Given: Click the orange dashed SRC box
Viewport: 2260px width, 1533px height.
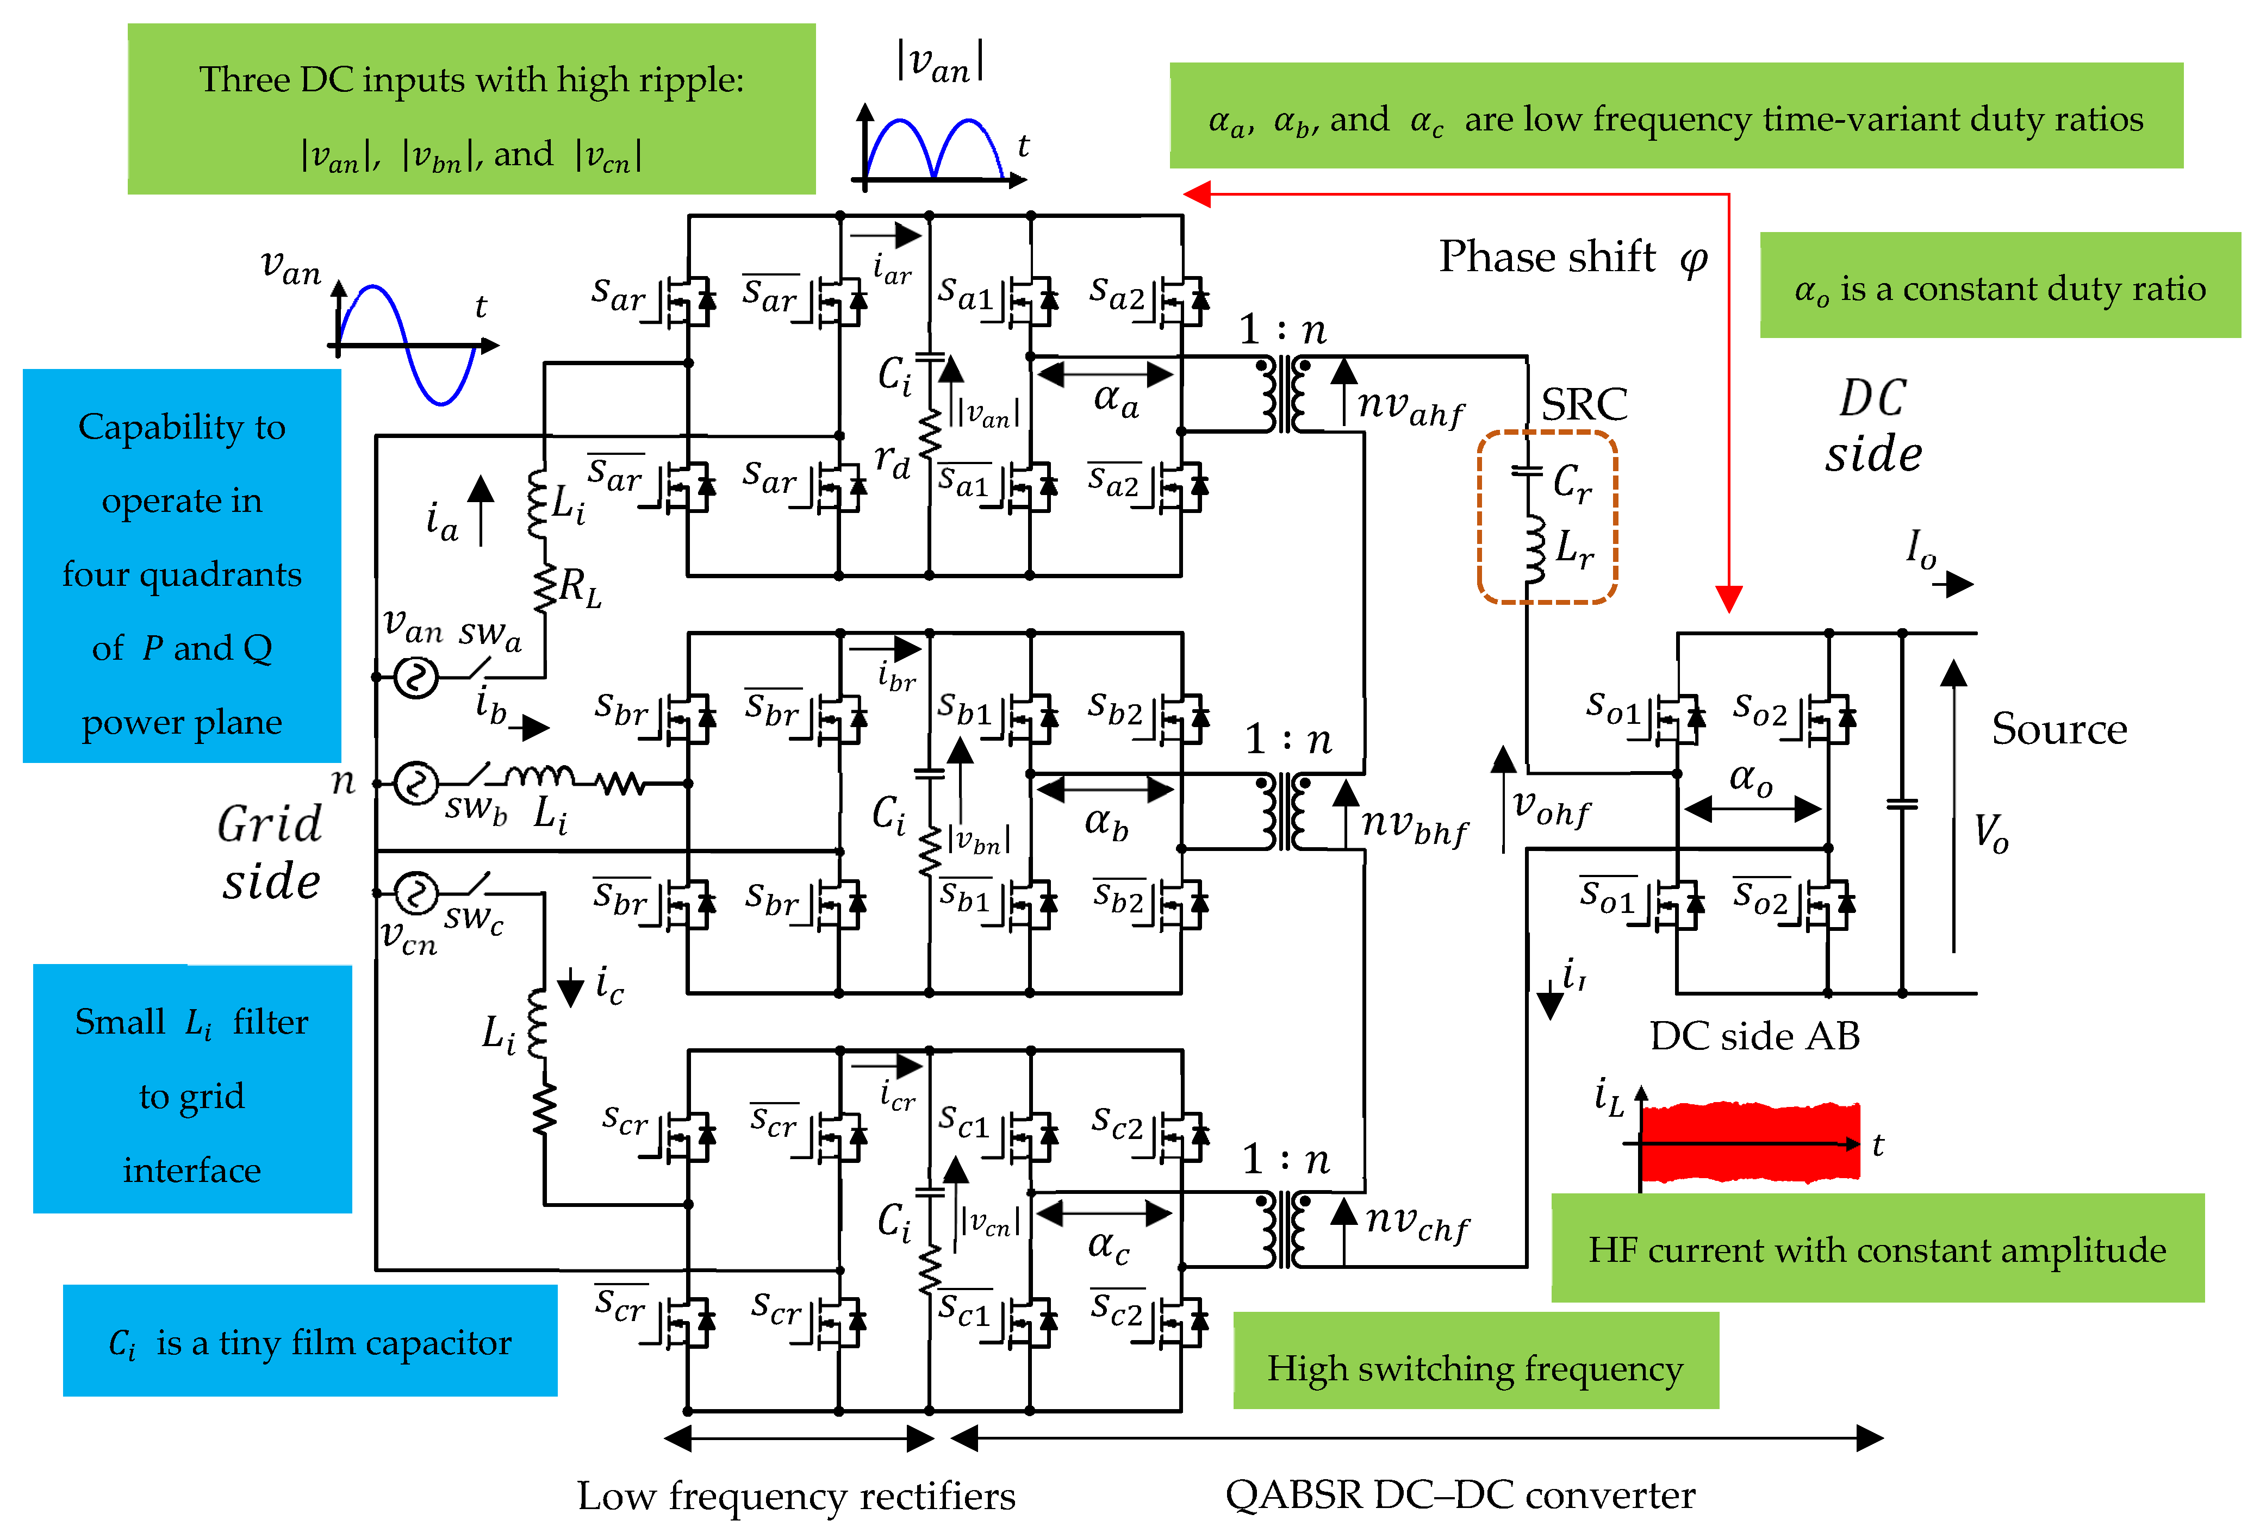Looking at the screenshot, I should pos(1546,517).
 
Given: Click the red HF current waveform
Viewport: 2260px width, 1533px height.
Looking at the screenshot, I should pos(1751,1142).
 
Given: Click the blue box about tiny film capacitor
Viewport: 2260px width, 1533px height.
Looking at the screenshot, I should pos(309,1342).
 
